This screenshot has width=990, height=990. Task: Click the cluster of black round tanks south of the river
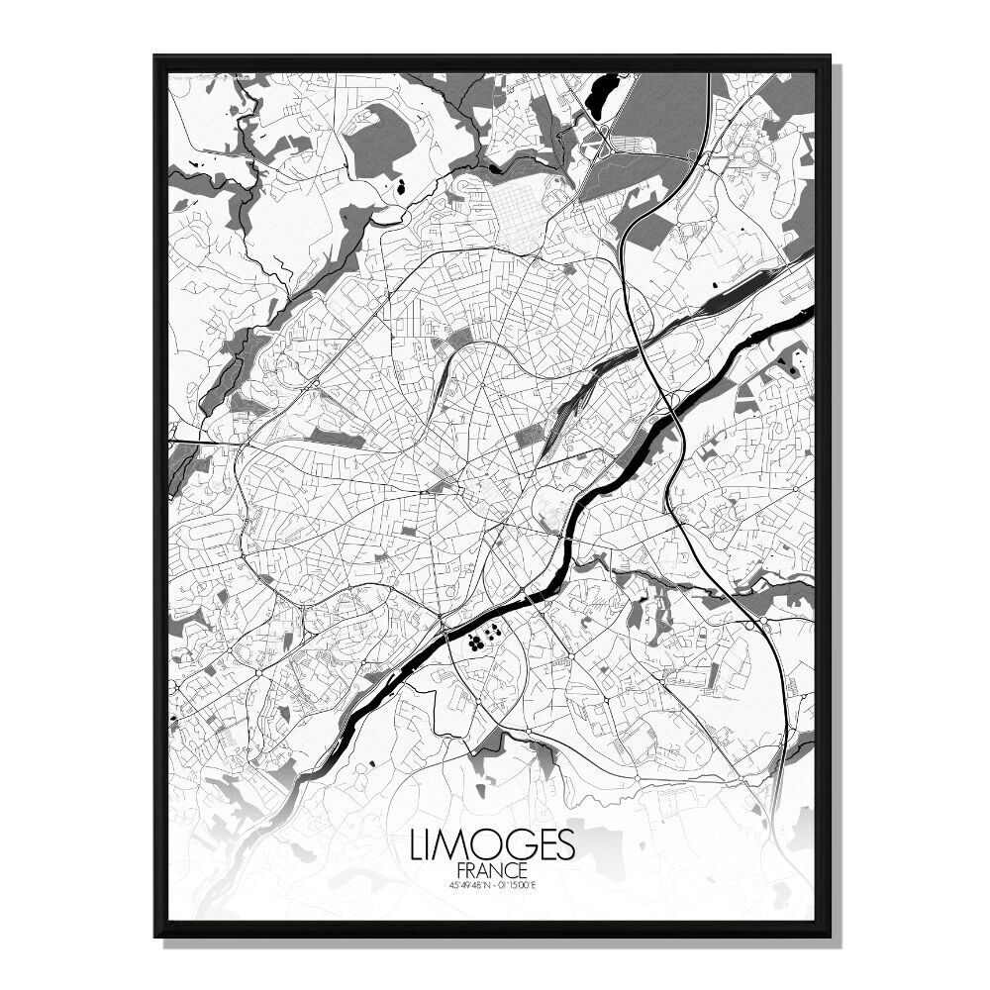pos(480,639)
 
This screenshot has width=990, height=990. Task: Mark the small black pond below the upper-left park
pos(401,186)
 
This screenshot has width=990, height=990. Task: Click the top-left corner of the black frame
pos(155,57)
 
